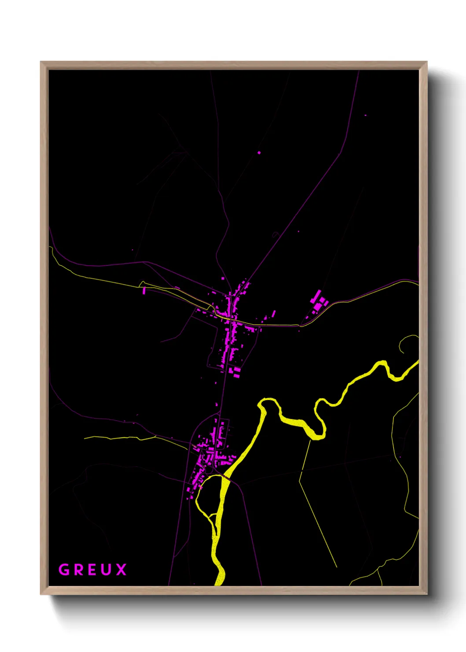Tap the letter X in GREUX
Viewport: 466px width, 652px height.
click(121, 570)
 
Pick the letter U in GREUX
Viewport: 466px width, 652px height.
click(107, 570)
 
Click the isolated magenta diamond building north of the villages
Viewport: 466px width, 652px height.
click(259, 153)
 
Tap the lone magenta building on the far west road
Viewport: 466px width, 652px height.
click(144, 291)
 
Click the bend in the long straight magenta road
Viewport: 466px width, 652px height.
click(340, 153)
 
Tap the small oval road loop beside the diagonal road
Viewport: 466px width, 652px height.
click(275, 234)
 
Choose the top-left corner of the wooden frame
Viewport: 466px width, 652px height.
click(41, 63)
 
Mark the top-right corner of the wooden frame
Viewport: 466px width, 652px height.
click(426, 63)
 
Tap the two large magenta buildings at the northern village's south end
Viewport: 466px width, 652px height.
click(235, 373)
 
